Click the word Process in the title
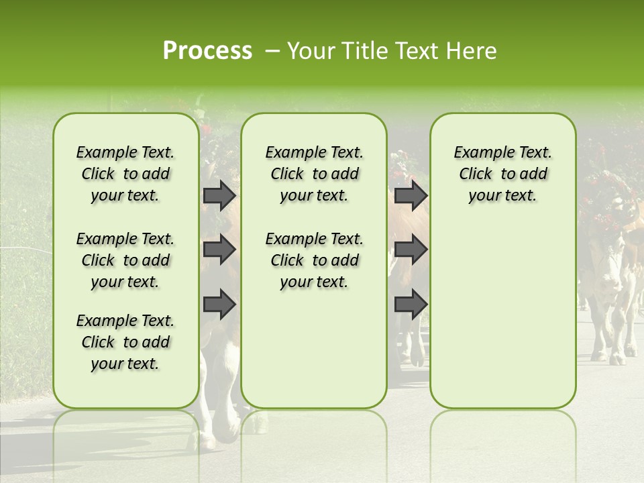tap(207, 51)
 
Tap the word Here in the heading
tap(471, 51)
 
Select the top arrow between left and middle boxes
tap(219, 196)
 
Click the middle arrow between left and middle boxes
tap(219, 250)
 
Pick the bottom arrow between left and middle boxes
tap(219, 304)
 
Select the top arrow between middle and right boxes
tap(411, 196)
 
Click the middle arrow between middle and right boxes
tap(411, 250)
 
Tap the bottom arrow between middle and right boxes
tap(411, 304)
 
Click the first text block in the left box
tap(125, 174)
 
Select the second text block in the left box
tap(125, 260)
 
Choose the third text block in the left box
tap(125, 342)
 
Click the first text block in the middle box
tap(314, 174)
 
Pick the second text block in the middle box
tap(314, 260)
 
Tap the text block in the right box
tap(502, 174)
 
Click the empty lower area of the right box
tap(502, 322)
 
